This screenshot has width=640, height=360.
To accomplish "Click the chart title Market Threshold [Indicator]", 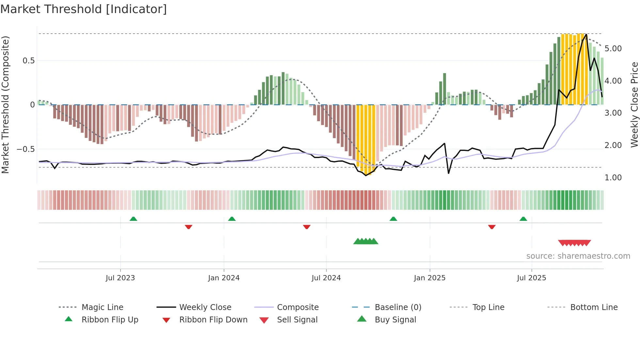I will point(84,9).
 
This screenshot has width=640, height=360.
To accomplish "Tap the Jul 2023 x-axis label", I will point(120,278).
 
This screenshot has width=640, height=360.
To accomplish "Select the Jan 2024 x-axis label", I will point(224,278).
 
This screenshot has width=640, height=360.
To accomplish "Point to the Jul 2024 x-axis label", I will point(326,278).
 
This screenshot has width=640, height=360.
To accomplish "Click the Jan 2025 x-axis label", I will point(429,278).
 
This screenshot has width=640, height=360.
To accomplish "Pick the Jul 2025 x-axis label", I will point(531,278).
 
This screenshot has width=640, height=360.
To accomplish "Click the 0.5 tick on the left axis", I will point(28,61).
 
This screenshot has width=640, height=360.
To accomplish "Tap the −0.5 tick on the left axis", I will point(25,149).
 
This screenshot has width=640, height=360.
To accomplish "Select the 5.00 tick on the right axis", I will point(613,49).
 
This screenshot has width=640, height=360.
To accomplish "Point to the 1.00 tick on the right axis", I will point(613,178).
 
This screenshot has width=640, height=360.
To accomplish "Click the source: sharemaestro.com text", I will point(578,256).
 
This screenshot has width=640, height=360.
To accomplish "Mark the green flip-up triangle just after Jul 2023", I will point(133,219).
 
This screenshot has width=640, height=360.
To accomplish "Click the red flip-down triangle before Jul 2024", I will point(306,227).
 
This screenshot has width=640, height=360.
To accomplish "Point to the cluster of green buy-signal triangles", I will point(366,241).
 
